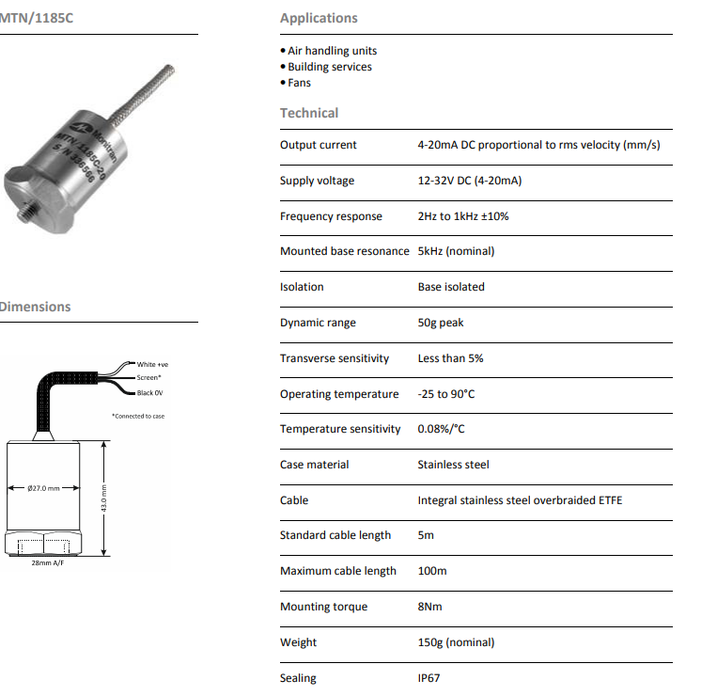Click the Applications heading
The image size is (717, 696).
pos(319,18)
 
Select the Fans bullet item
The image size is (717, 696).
pos(299,83)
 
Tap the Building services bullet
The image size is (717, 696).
pos(329,67)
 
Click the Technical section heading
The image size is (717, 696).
pos(309,113)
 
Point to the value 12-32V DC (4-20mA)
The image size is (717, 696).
pos(469,181)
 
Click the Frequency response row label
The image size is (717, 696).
pos(331,216)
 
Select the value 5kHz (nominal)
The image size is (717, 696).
pos(456,251)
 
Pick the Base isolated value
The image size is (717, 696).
pos(451,287)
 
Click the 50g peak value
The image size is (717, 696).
pos(441,323)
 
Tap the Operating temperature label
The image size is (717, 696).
pos(339,394)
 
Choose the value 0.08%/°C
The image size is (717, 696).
pos(441,429)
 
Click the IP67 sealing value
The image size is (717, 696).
pos(431,678)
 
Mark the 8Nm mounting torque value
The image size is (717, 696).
pos(429,607)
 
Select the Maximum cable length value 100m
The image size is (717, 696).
pos(432,571)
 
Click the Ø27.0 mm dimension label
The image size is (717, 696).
pos(44,488)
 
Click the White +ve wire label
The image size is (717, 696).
pos(151,364)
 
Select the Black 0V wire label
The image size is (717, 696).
pos(149,392)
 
